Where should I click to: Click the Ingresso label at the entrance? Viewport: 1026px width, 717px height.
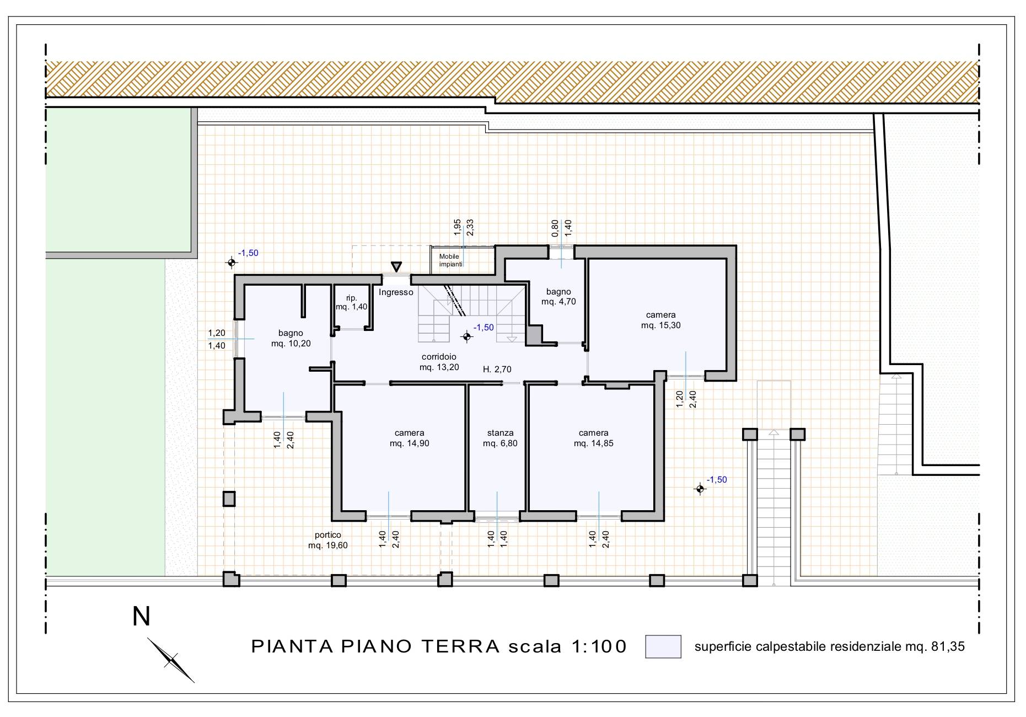point(396,292)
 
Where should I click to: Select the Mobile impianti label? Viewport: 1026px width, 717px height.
point(450,260)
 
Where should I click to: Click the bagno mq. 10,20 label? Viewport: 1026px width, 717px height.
point(291,338)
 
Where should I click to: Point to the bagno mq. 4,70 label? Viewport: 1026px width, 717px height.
point(558,297)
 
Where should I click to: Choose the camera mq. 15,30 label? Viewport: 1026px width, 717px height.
point(660,320)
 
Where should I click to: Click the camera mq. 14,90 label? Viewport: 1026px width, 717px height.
point(409,438)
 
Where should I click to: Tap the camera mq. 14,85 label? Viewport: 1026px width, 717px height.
point(593,438)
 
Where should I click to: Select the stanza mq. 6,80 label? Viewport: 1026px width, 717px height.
point(500,438)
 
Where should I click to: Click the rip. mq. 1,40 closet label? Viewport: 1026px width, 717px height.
point(352,302)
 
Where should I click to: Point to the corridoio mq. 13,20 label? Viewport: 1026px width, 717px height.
point(439,362)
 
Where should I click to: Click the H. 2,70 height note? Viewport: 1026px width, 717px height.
point(497,370)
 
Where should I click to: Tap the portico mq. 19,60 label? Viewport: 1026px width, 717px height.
point(328,540)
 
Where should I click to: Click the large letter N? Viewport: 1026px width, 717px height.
point(142,617)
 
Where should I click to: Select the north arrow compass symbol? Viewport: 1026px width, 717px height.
point(171,660)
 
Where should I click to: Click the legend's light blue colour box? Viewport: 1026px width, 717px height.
point(663,646)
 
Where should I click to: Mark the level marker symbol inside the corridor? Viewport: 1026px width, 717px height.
point(467,336)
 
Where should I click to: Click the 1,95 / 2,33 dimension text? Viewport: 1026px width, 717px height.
point(464,227)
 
